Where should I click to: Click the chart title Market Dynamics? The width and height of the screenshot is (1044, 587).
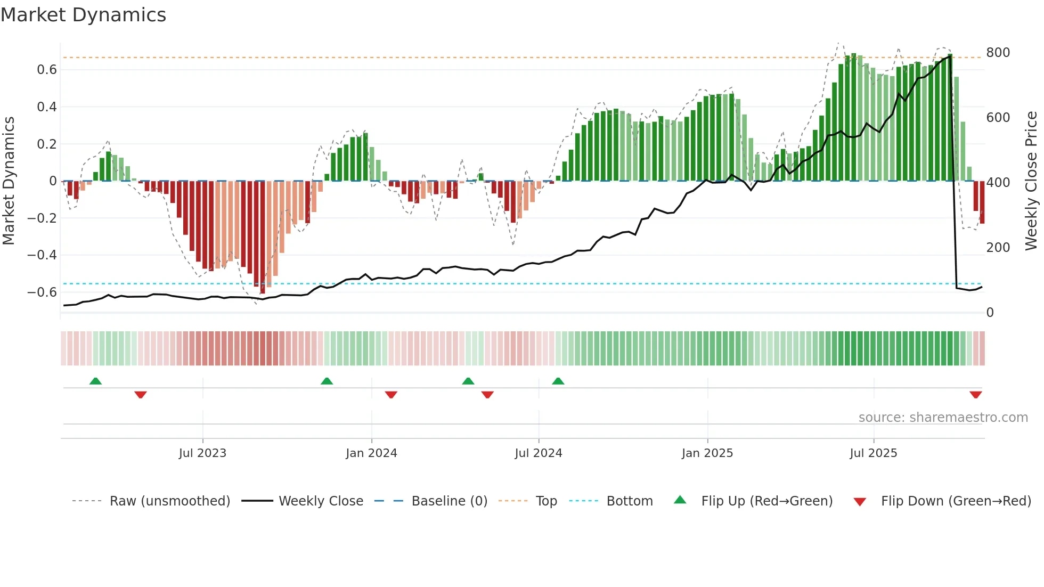[84, 15]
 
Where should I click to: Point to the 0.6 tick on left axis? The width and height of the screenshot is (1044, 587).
[46, 70]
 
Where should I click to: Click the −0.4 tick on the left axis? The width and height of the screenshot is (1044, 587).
[42, 255]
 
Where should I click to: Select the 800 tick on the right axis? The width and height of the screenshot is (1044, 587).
[998, 53]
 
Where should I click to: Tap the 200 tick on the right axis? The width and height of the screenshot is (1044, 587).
[998, 248]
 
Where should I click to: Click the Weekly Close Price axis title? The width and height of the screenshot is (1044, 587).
[1031, 181]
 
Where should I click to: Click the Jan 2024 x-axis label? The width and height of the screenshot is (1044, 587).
[371, 453]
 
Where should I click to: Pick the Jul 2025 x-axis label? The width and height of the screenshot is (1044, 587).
[873, 453]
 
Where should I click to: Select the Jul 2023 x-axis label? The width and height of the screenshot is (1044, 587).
[202, 453]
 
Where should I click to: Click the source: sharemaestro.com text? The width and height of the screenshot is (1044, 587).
[943, 418]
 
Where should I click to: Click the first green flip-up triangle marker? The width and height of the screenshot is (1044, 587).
[95, 381]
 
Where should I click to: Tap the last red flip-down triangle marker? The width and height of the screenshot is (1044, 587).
[975, 395]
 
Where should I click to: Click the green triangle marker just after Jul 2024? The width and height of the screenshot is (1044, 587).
[558, 381]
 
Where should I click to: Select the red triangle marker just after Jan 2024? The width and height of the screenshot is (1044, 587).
[391, 395]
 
